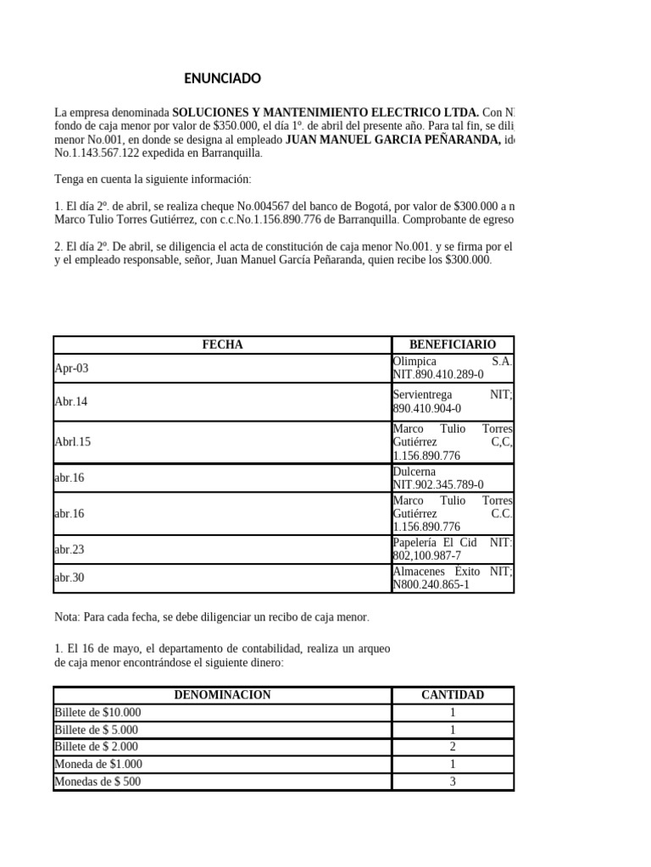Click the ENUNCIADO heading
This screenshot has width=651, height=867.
point(223,80)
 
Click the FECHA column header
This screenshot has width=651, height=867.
point(222,345)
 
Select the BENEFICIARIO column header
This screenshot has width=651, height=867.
point(453,345)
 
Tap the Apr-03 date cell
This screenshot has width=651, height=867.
point(71,368)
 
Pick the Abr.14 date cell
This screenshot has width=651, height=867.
point(70,402)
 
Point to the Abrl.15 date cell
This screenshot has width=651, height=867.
point(72,442)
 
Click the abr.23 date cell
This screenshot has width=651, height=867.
point(69,549)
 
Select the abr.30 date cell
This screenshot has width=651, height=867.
point(69,578)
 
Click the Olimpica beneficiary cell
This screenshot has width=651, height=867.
point(453,367)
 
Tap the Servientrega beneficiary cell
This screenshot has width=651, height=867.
point(453,402)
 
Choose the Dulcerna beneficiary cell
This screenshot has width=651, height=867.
point(453,478)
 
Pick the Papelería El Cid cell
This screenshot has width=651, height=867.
point(453,549)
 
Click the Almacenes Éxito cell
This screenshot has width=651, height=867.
point(453,578)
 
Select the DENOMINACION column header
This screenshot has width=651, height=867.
point(222,695)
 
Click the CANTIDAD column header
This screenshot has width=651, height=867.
point(453,695)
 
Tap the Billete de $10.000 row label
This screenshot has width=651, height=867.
point(97,713)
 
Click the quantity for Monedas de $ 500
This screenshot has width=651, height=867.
point(453,781)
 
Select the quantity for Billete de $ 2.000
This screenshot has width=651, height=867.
point(453,747)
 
